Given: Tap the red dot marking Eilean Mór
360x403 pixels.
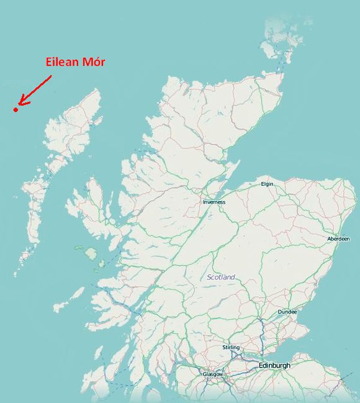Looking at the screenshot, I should click(x=16, y=110).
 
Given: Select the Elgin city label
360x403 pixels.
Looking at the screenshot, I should click(x=267, y=184).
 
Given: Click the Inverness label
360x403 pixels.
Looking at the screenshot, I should click(x=214, y=202).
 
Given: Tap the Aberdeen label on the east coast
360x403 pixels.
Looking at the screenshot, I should click(x=338, y=238).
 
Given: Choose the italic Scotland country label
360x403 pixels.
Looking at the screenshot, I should click(x=222, y=277).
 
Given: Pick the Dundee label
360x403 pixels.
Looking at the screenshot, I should click(x=287, y=312).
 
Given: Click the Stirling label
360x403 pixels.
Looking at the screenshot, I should click(x=230, y=347).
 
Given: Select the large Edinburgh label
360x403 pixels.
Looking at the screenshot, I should click(x=274, y=366).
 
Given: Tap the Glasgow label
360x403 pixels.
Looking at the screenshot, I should click(x=212, y=374).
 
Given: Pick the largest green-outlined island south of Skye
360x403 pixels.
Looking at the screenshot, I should click(x=91, y=254).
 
